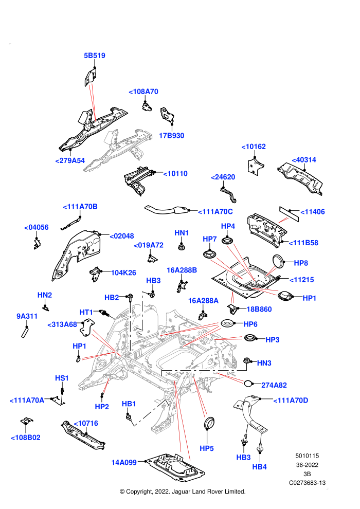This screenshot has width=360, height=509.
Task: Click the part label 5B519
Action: [x=95, y=56]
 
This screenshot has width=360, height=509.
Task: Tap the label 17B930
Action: [x=171, y=136]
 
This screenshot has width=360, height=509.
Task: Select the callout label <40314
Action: [x=304, y=160]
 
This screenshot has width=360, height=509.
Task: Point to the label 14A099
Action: [x=124, y=462]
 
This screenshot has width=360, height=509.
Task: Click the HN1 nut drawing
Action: [x=181, y=247]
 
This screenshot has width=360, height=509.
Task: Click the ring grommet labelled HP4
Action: [x=227, y=241]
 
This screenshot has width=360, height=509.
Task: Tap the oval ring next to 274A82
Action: [x=248, y=384]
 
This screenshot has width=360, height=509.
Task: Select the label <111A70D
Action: [x=291, y=401]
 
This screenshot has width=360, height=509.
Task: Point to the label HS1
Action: [x=62, y=378]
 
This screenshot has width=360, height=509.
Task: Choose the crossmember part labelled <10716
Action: [x=83, y=435]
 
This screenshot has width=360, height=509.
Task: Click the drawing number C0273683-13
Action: [x=307, y=483]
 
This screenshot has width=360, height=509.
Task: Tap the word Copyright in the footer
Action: [x=139, y=492]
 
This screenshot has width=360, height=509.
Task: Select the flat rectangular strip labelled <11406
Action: [x=289, y=214]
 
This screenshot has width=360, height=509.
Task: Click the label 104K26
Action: [x=123, y=272]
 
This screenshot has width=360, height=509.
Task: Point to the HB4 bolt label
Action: [x=259, y=467]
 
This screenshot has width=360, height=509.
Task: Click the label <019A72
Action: [x=149, y=245]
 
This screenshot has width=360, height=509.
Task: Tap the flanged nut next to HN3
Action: [x=247, y=360]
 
